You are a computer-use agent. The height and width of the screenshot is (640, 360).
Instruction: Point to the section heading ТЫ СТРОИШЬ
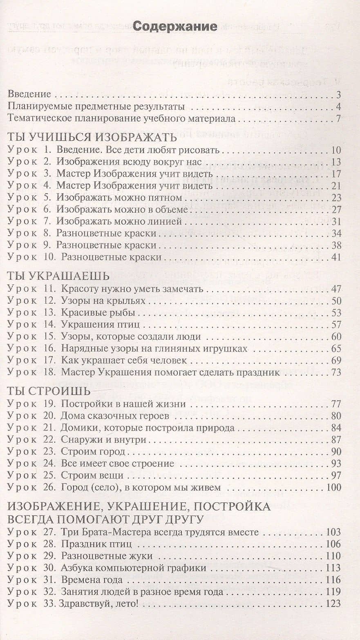tap(49, 390)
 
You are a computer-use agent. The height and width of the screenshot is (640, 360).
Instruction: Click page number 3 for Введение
tap(339, 95)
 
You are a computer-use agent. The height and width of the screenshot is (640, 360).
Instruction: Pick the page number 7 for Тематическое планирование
tap(339, 119)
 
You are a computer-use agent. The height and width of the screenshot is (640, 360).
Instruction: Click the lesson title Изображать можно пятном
tap(119, 198)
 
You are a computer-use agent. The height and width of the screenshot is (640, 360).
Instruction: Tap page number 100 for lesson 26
tap(333, 487)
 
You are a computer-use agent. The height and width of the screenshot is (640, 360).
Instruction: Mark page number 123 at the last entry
tap(333, 604)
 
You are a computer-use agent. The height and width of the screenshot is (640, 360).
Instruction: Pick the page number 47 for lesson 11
tap(336, 290)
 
